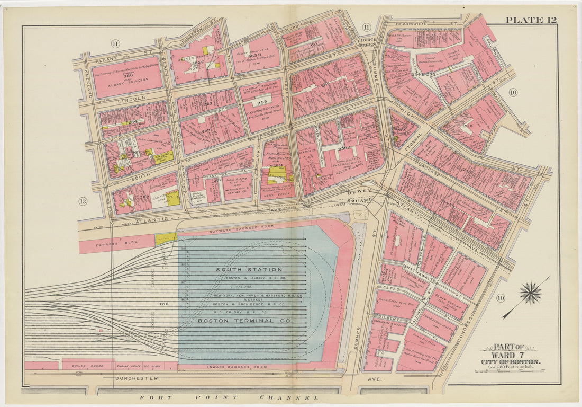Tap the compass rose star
coord(531,293)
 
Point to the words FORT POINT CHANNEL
coord(229,397)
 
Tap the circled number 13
coord(83,201)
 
